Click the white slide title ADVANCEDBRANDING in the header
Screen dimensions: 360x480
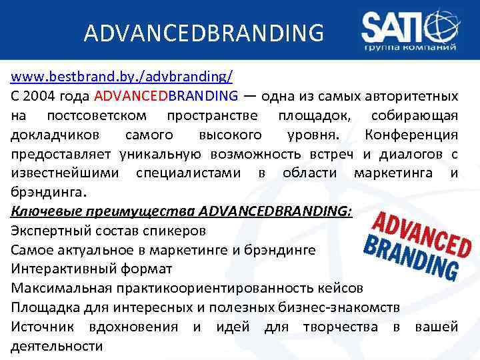click(x=204, y=32)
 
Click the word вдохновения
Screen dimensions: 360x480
click(x=133, y=327)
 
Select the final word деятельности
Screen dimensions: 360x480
click(x=57, y=346)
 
